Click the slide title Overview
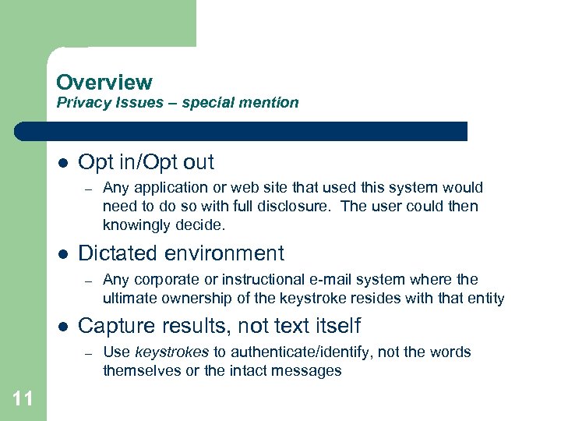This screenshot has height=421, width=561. click(x=104, y=82)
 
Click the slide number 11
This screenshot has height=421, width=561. click(x=23, y=400)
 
